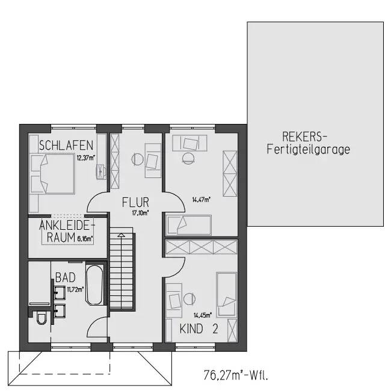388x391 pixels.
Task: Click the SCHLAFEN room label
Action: click(x=66, y=146)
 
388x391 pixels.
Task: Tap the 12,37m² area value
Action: click(x=87, y=158)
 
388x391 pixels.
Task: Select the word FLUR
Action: click(x=135, y=202)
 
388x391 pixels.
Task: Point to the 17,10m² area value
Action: click(x=140, y=213)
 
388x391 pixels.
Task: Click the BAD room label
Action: click(x=66, y=277)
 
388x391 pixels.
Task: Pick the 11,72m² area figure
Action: click(x=75, y=289)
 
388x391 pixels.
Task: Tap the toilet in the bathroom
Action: click(x=42, y=318)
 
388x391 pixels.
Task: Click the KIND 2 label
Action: click(x=199, y=329)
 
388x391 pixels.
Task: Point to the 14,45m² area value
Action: click(x=203, y=315)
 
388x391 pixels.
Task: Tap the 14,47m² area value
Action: click(x=202, y=200)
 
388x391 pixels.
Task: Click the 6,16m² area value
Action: click(x=85, y=239)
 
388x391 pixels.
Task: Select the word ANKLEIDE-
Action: click(x=67, y=226)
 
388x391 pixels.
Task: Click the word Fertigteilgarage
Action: click(x=309, y=150)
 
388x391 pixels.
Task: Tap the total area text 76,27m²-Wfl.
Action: click(x=236, y=375)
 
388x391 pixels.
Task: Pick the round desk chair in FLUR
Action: click(x=137, y=159)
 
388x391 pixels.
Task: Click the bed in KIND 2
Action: click(x=226, y=295)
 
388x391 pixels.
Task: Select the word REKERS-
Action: click(x=304, y=137)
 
